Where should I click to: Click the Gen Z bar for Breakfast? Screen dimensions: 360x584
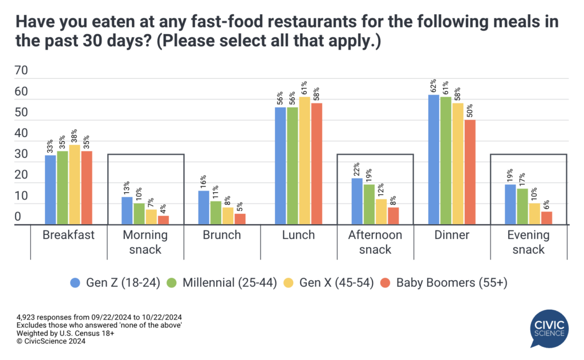pyautogui.click(x=51, y=190)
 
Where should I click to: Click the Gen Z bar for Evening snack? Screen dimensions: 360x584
pyautogui.click(x=510, y=204)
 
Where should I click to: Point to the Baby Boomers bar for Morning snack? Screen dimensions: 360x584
pyautogui.click(x=163, y=220)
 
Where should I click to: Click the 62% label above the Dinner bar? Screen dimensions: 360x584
pyautogui.click(x=433, y=86)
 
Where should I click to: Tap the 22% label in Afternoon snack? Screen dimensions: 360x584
pyautogui.click(x=357, y=169)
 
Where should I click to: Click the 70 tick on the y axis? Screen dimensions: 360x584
pyautogui.click(x=21, y=71)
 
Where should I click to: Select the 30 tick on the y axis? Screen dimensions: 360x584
pyautogui.click(x=21, y=154)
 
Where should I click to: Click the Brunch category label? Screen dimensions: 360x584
pyautogui.click(x=222, y=235)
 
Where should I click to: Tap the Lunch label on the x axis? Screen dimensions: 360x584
pyautogui.click(x=299, y=235)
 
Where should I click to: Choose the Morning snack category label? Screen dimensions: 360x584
pyautogui.click(x=145, y=242)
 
